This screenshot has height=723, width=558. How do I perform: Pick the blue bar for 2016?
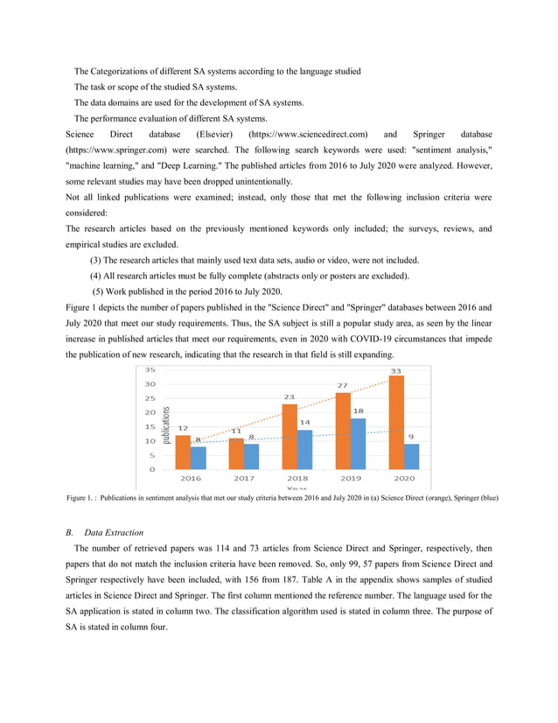coord(199,457)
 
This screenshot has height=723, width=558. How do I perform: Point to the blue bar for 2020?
coord(412,456)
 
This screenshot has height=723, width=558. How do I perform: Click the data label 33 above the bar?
coord(396,371)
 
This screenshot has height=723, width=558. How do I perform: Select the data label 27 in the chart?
coord(343,385)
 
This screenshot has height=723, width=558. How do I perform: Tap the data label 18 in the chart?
coord(359,411)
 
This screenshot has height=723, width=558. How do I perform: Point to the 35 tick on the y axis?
coord(150,369)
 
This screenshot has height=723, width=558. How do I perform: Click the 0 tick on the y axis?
coord(152,469)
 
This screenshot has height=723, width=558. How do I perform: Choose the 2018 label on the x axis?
coord(297,479)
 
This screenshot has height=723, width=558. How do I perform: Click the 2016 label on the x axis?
coord(190,479)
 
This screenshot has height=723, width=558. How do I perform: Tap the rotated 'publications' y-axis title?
coord(166,429)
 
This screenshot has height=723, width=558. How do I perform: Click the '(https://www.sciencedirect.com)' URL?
coord(308,134)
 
